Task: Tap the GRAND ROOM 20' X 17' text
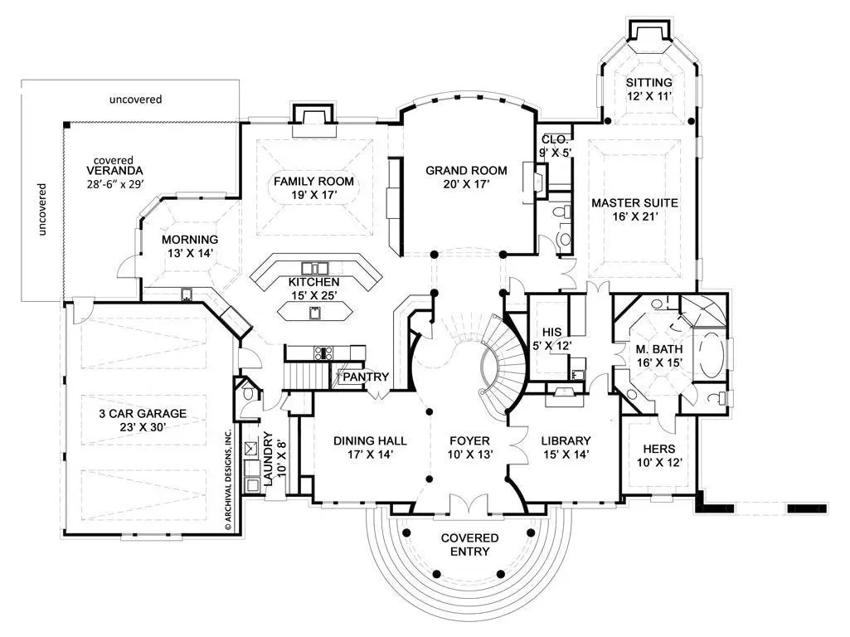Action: pyautogui.click(x=466, y=177)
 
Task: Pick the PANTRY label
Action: pyautogui.click(x=366, y=377)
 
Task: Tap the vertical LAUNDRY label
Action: pyautogui.click(x=267, y=459)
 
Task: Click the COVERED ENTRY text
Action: pyautogui.click(x=469, y=544)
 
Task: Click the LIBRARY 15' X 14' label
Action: pyautogui.click(x=566, y=447)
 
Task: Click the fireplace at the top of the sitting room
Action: pyautogui.click(x=648, y=34)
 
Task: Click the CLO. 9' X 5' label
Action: pyautogui.click(x=556, y=146)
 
